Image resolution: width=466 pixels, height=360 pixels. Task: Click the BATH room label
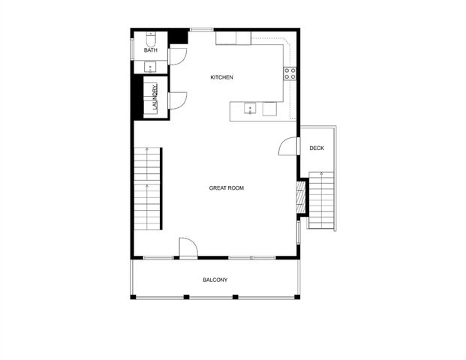coord(151,50)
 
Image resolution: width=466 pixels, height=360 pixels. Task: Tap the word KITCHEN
coord(221,77)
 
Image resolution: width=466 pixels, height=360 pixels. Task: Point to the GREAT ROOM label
coord(226,187)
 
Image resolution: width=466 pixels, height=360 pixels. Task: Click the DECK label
coord(317,148)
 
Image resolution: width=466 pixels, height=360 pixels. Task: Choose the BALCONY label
coord(215,280)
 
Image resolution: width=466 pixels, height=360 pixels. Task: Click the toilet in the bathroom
coord(150,37)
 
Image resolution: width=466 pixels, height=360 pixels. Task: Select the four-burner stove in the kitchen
coord(290,73)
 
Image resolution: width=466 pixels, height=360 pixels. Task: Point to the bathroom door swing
coord(178,55)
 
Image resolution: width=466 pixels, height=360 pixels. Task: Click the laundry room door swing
coord(178,100)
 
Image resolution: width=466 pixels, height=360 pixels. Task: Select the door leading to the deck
coord(288,146)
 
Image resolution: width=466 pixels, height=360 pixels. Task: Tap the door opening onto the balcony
coord(187,248)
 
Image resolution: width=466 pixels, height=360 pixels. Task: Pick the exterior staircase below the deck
coord(321,201)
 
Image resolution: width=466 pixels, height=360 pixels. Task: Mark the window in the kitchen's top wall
coord(200,30)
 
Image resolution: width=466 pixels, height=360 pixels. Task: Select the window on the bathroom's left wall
coord(133,46)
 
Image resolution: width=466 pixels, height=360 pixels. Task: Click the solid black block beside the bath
coord(179,37)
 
